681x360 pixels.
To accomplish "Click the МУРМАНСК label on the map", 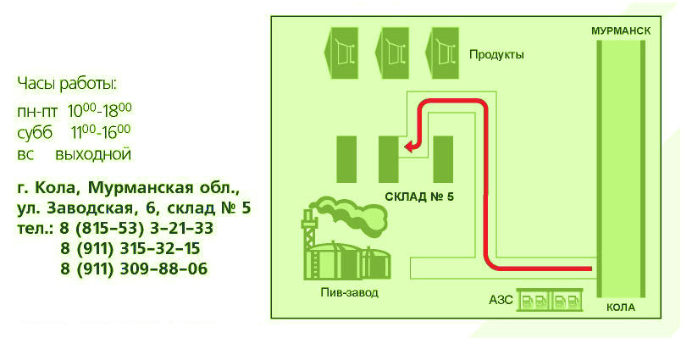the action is [621, 30].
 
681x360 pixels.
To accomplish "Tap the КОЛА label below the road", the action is [621, 307].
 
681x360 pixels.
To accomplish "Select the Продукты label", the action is [496, 55].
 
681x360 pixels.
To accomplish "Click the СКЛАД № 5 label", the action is [419, 197].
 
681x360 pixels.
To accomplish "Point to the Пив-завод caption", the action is [349, 292].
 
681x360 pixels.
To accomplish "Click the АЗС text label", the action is [501, 300].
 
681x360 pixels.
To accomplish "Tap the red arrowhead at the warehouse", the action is [410, 147].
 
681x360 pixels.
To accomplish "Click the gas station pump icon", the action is [550, 300].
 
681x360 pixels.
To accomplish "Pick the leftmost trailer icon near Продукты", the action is [341, 53].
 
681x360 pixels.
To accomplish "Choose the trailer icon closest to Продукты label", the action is [441, 53].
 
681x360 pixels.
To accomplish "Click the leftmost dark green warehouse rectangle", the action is [346, 159].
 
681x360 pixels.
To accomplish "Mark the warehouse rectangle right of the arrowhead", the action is [443, 159].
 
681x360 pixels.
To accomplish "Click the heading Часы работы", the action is [67, 84].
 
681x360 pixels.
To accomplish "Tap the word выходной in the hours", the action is [93, 154].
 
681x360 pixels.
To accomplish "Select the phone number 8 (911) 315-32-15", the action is [130, 248].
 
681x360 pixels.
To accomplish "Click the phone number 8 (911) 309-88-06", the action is [134, 269].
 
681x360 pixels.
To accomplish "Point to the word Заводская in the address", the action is [93, 208].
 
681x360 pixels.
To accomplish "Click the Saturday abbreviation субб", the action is [35, 132].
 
